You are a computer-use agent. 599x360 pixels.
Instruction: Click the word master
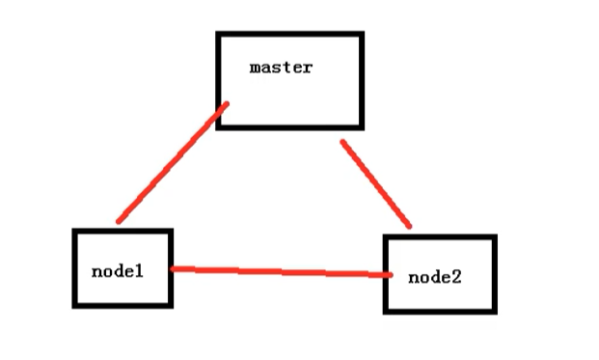(x=280, y=68)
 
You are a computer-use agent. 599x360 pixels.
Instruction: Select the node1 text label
(x=117, y=270)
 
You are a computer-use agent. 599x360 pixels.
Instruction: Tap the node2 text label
(x=434, y=277)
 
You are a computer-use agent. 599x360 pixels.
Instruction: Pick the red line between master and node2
(x=375, y=183)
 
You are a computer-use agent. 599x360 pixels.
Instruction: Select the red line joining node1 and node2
(x=280, y=272)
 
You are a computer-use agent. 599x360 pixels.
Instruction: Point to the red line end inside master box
(x=226, y=105)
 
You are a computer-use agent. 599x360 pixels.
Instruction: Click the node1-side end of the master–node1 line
(x=119, y=221)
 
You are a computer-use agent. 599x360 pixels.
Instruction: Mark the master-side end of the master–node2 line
(x=342, y=143)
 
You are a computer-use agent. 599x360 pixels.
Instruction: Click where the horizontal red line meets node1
(x=172, y=268)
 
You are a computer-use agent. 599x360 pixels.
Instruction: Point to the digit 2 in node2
(x=456, y=277)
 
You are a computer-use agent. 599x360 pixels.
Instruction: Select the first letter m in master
(x=255, y=68)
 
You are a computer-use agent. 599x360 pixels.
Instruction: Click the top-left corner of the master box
(x=219, y=35)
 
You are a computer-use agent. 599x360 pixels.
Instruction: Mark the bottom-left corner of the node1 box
(x=75, y=305)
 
